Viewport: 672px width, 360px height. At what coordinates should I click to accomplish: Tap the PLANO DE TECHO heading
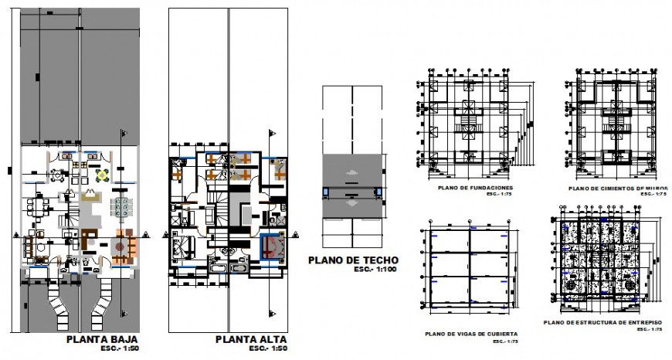pos(353,260)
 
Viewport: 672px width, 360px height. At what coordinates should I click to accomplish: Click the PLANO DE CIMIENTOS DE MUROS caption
pos(618,188)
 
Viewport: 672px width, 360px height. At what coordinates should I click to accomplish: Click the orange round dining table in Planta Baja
pos(122,246)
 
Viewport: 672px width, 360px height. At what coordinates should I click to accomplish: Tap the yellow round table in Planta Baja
pos(100,175)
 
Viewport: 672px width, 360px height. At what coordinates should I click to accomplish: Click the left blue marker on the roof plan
pos(326,191)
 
